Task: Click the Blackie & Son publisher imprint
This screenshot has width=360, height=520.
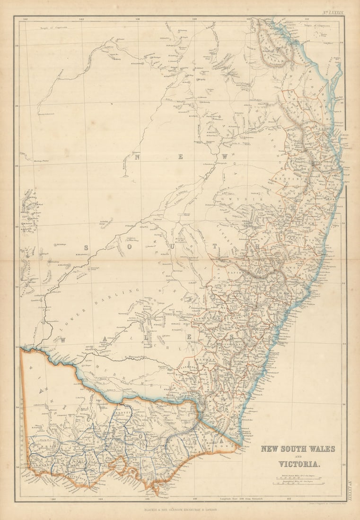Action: click(180, 510)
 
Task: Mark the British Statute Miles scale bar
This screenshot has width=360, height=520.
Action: click(298, 477)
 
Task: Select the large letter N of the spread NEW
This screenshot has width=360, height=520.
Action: click(137, 157)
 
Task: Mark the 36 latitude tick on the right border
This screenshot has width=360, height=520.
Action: click(344, 404)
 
